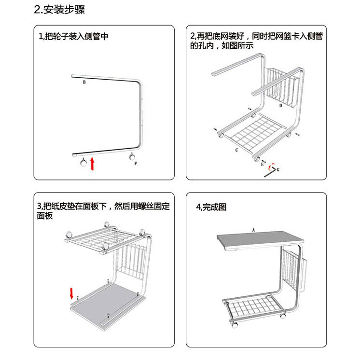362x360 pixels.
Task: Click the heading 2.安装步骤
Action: coord(60,10)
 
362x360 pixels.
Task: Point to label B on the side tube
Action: coord(84,83)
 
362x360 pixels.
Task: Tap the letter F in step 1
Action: coord(136,164)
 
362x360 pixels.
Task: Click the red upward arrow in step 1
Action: coord(92,163)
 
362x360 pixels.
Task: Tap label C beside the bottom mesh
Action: coord(237,150)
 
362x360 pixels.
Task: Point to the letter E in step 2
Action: coord(263,165)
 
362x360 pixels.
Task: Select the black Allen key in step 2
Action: coord(270,172)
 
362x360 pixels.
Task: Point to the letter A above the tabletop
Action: coord(253,230)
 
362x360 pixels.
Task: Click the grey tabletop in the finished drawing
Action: coord(261,240)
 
